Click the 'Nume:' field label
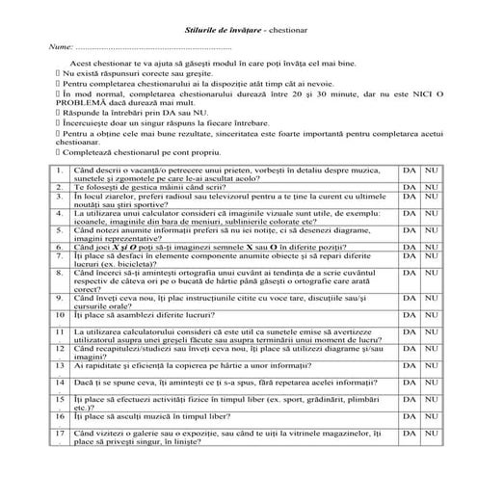click(59, 46)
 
